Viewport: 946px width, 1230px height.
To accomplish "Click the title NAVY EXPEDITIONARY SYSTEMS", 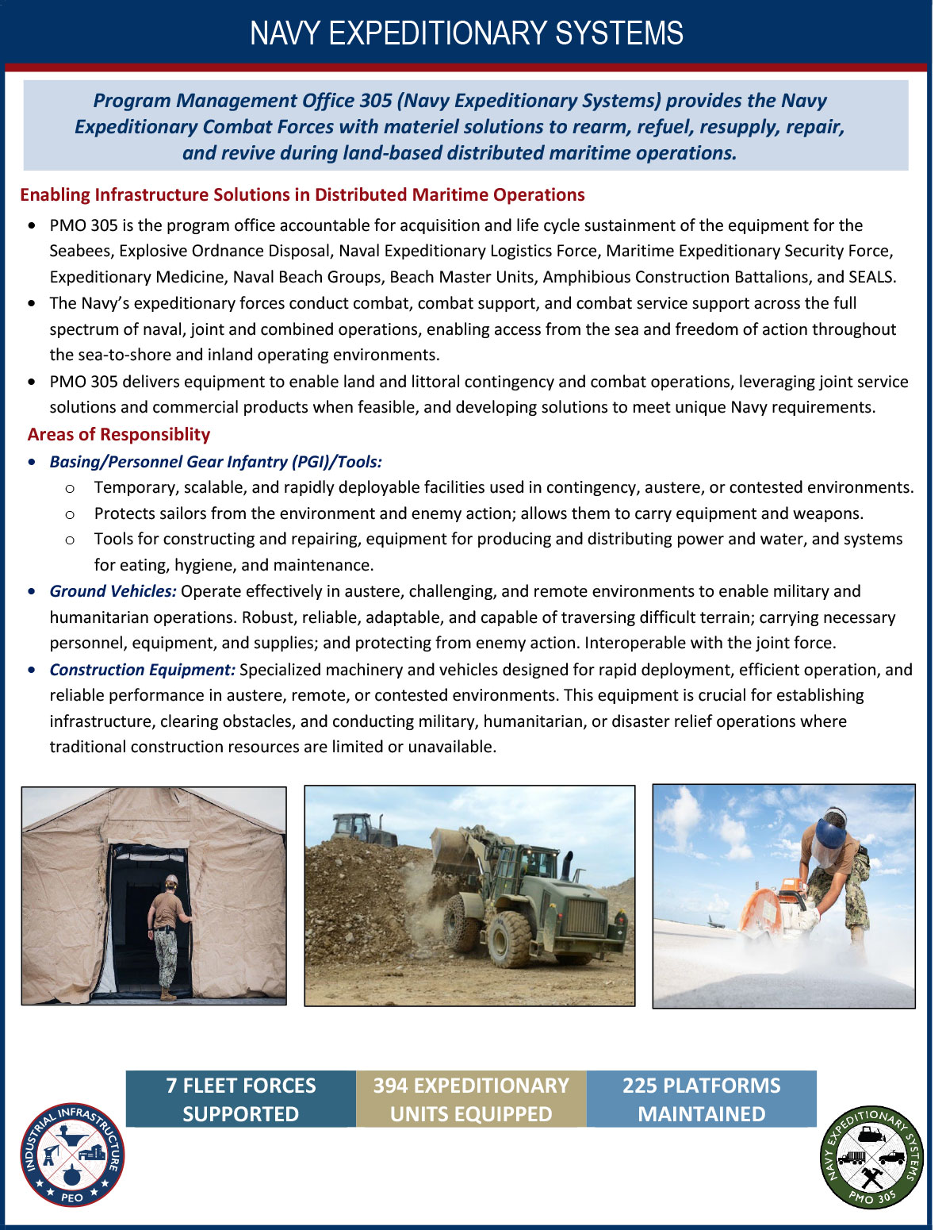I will click(x=466, y=33).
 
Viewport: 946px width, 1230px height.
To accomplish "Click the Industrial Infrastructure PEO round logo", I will click(x=72, y=1155).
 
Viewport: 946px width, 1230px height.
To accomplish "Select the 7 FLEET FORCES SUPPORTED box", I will click(x=240, y=1099).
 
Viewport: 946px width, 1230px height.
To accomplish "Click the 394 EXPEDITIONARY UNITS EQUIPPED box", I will click(x=471, y=1099).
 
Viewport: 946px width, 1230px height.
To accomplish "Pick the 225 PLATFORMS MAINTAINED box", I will click(x=701, y=1099).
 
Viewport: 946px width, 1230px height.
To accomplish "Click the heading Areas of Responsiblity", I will click(x=119, y=435).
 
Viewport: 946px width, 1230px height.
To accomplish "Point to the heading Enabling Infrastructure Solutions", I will click(x=301, y=195).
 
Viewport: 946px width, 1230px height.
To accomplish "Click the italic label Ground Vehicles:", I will click(x=113, y=591).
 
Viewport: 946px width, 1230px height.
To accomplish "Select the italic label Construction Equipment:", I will click(x=142, y=670).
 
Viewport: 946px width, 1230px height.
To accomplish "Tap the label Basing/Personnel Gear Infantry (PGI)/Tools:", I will click(x=216, y=462).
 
